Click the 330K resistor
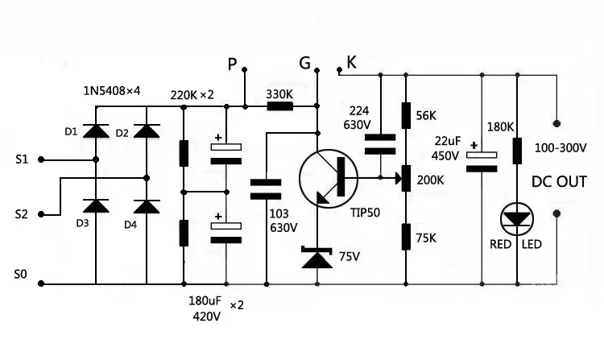pyautogui.click(x=279, y=106)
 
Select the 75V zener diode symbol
pyautogui.click(x=317, y=258)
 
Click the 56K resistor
pyautogui.click(x=405, y=116)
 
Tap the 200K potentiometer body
pyautogui.click(x=405, y=177)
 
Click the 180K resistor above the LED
pyautogui.click(x=517, y=150)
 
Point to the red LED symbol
pyautogui.click(x=516, y=218)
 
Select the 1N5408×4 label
pyautogui.click(x=113, y=90)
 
